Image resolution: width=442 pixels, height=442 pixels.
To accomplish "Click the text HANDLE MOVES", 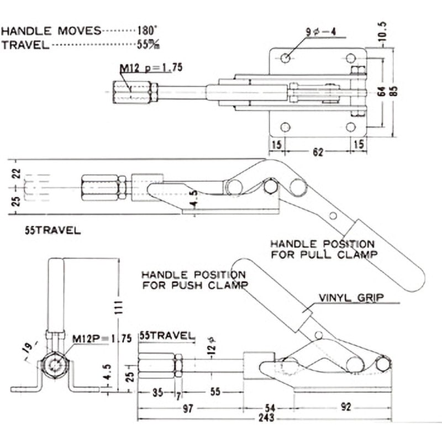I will click(51, 31).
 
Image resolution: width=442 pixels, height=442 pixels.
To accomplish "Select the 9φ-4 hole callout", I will click(321, 31).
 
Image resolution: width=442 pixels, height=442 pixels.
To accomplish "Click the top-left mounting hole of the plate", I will click(285, 59).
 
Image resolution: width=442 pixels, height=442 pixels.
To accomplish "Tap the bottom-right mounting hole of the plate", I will click(351, 127).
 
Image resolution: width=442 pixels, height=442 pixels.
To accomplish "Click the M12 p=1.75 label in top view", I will click(151, 69).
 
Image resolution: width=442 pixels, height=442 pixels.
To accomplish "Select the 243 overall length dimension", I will click(266, 418).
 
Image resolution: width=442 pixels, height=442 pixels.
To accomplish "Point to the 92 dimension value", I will click(346, 407).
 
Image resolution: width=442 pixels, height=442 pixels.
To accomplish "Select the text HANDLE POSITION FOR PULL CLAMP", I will click(322, 249).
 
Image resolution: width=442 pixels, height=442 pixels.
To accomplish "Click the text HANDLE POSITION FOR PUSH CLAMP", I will click(194, 280).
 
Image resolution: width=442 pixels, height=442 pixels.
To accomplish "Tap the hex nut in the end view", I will click(56, 366).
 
